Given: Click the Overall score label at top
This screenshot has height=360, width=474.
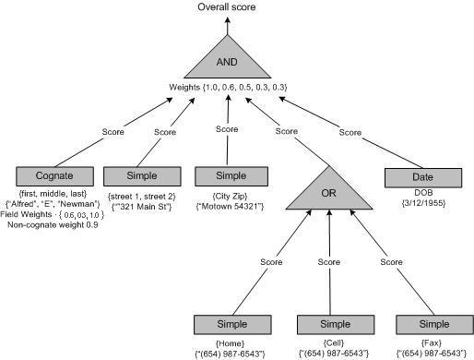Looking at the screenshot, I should (228, 7).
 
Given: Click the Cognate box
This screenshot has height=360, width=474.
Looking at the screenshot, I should (56, 176).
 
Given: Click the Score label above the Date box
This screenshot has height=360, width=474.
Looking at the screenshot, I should (350, 132).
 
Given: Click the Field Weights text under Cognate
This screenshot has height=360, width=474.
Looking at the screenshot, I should (53, 214).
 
